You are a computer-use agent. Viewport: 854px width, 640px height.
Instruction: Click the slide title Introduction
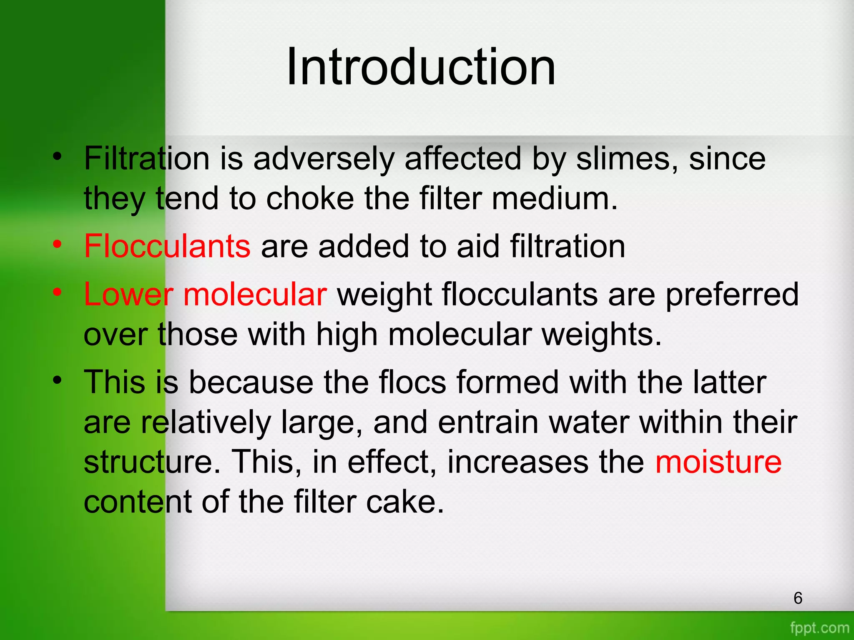[x=421, y=67]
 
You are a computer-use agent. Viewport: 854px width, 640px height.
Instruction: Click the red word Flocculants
[x=167, y=246]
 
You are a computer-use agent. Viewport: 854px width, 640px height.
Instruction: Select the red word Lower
[x=128, y=294]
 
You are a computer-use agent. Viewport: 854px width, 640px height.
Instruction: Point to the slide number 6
[x=798, y=598]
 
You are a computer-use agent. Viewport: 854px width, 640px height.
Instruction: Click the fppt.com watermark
[x=819, y=627]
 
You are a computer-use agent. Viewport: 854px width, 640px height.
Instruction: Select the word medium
[x=555, y=199]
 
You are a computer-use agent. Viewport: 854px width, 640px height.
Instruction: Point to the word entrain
[x=488, y=422]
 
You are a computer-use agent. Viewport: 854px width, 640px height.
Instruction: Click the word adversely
[x=324, y=160]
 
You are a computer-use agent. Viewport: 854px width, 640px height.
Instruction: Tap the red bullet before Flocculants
[x=57, y=244]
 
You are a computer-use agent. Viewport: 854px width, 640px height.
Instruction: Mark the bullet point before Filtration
[x=57, y=157]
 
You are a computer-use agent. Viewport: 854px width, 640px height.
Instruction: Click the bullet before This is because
[x=57, y=380]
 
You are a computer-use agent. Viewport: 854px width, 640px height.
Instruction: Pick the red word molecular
[x=255, y=294]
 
